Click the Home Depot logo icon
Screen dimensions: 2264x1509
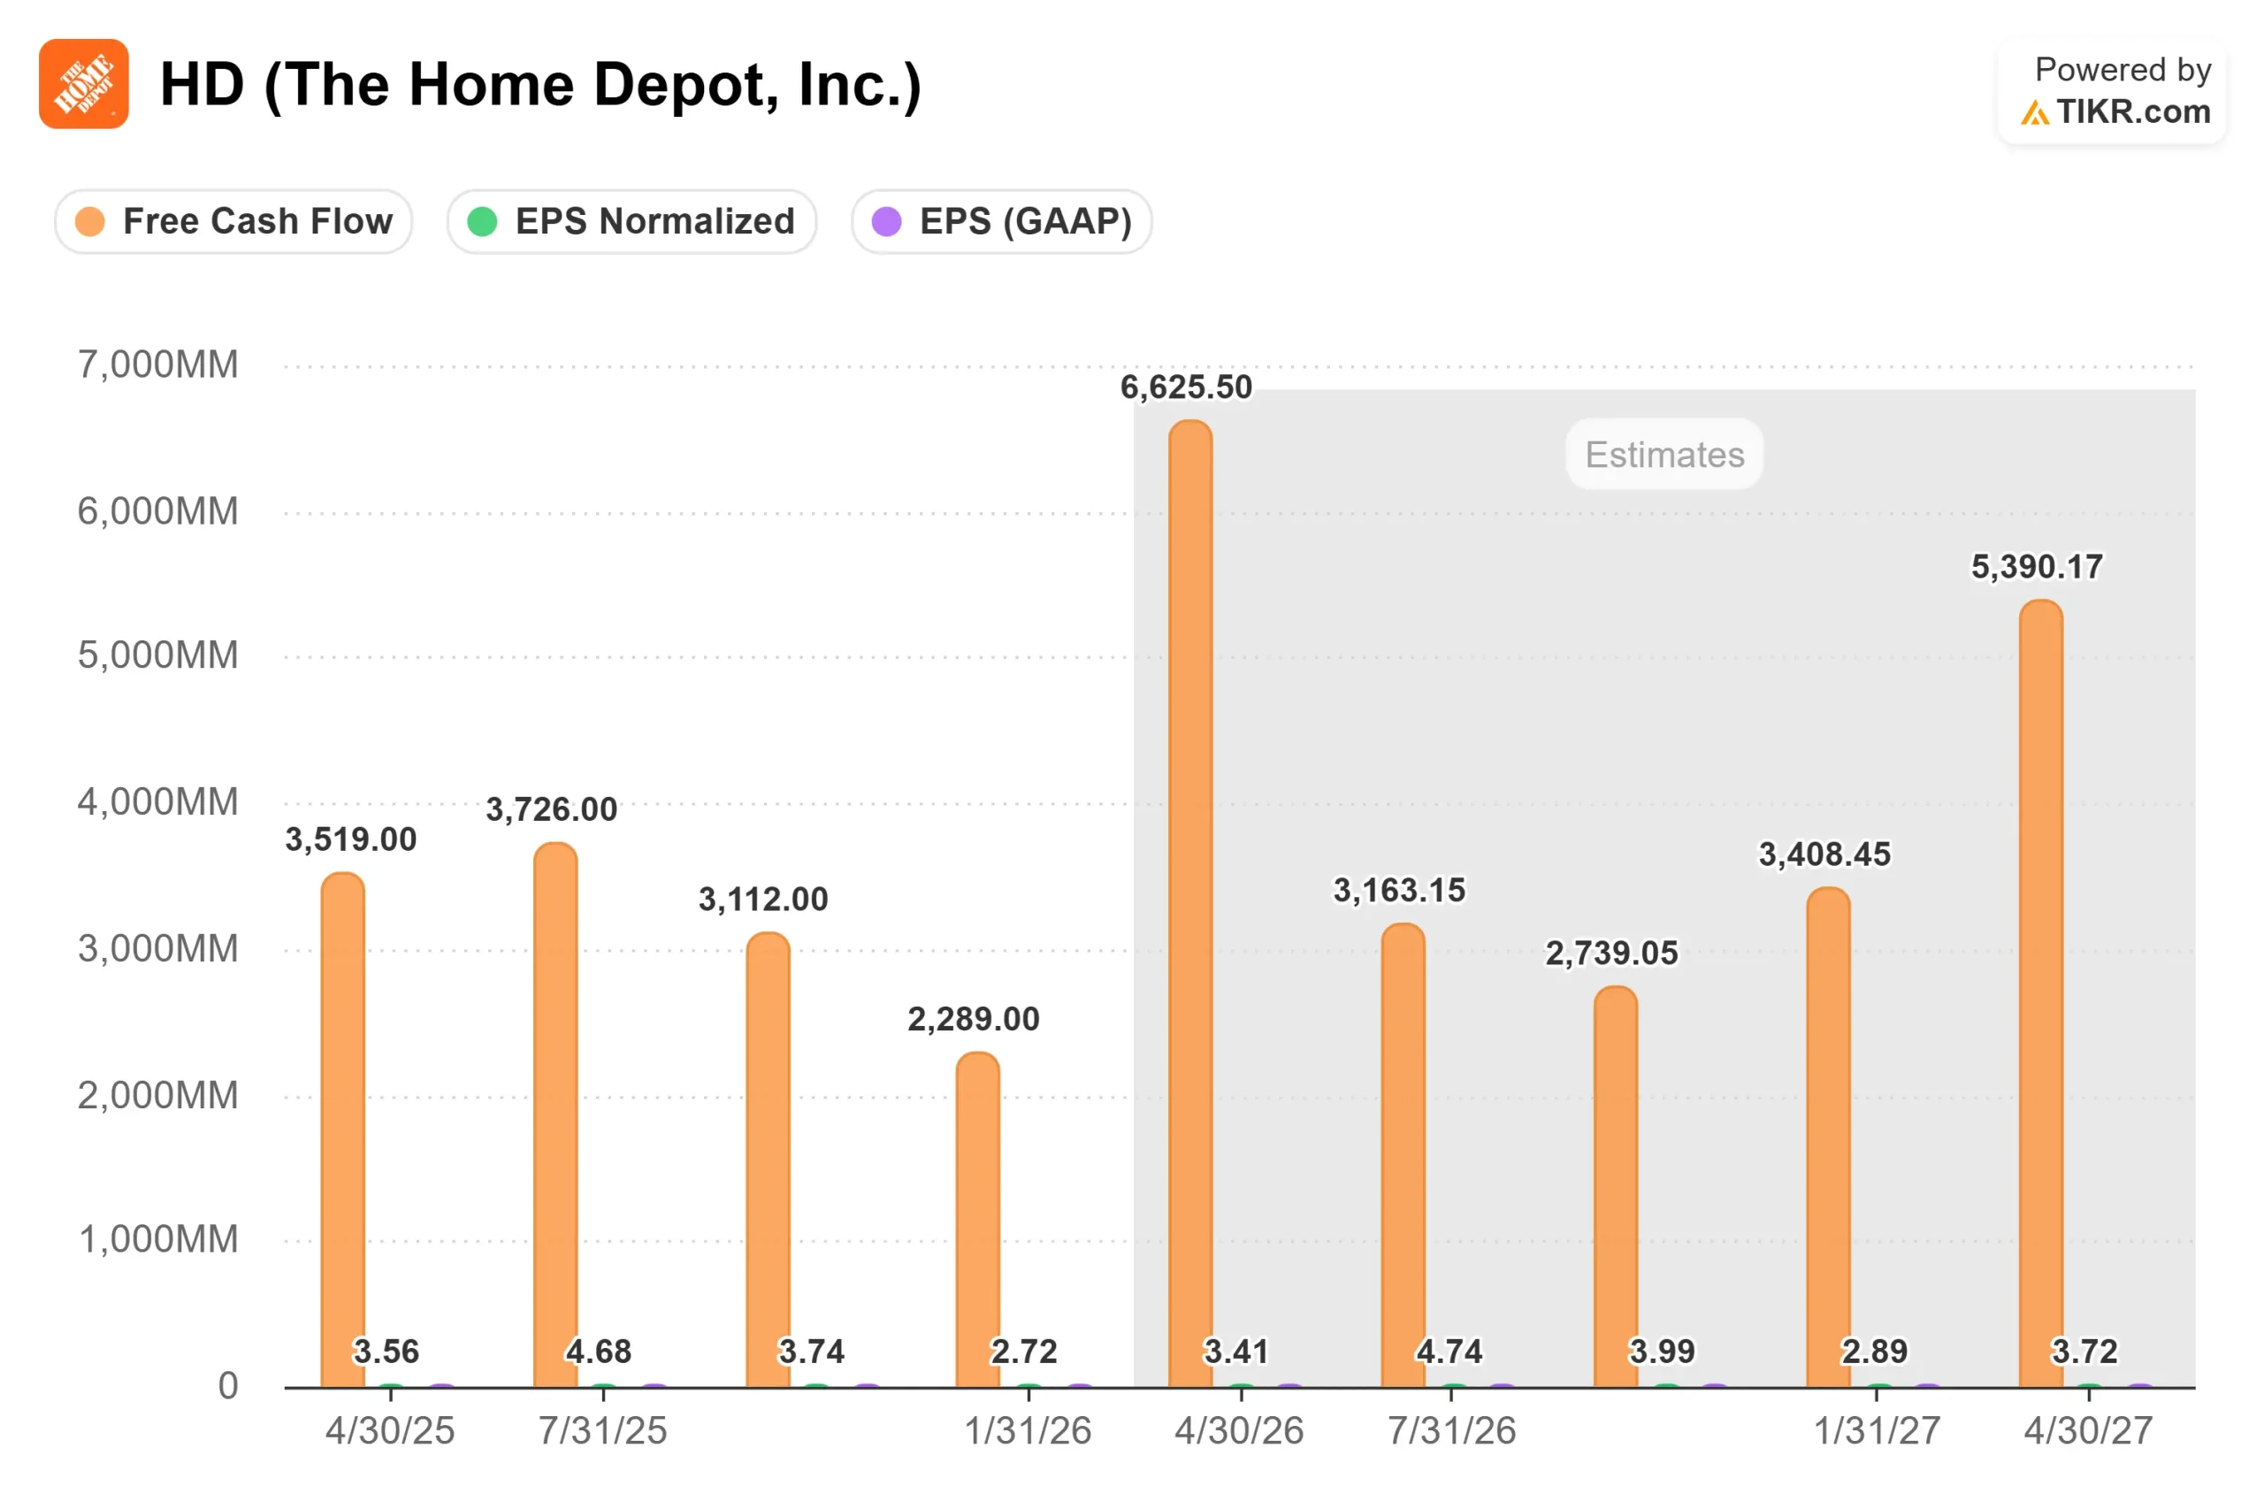tap(84, 84)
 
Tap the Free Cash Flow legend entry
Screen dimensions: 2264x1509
tap(233, 221)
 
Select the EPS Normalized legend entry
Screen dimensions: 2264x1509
tap(631, 221)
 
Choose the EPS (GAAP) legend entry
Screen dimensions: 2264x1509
tap(1002, 221)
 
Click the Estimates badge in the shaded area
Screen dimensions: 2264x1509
tap(1664, 455)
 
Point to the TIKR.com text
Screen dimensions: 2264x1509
tap(2133, 111)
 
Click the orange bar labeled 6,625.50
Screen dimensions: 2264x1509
tap(1190, 904)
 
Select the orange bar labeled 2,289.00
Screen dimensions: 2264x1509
tap(977, 1221)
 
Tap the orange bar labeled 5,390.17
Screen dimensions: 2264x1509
tap(2041, 994)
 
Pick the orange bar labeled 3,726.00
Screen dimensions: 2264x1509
tap(555, 1115)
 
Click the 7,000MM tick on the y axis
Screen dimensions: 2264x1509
tap(157, 364)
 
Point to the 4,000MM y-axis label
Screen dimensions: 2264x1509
tap(157, 801)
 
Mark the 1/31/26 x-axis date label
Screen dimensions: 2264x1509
tap(1028, 1431)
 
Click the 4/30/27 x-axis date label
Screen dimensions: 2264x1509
tap(2089, 1431)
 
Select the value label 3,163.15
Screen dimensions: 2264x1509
tap(1399, 890)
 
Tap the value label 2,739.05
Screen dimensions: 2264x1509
tap(1611, 953)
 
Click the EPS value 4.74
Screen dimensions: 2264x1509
tap(1449, 1352)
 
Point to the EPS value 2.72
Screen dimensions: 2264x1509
tap(1024, 1352)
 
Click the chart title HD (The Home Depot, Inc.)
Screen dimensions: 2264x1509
tap(540, 85)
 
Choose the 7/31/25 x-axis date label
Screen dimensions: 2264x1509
tap(602, 1431)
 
